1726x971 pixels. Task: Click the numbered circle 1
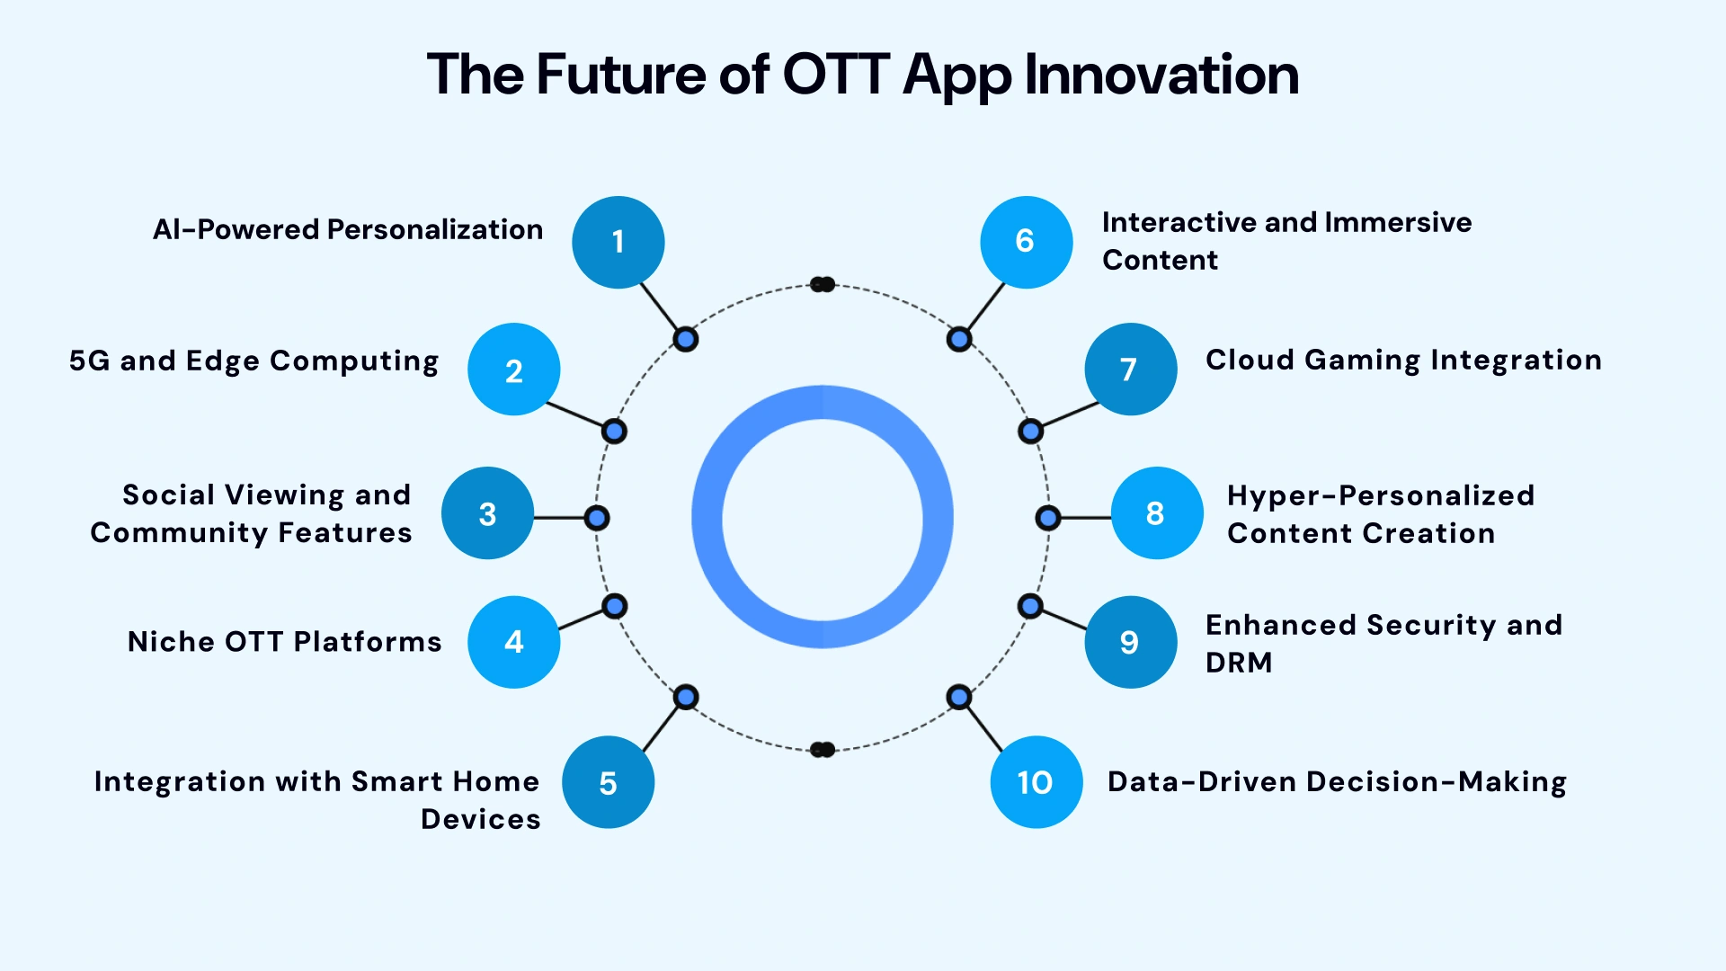click(x=618, y=242)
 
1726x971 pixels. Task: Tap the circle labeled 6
click(x=1026, y=242)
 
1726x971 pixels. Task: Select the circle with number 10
click(x=1036, y=782)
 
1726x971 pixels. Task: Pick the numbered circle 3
click(x=487, y=513)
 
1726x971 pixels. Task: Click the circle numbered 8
click(x=1156, y=513)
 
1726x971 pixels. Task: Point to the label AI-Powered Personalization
click(x=348, y=229)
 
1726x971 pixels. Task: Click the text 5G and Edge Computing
click(x=254, y=361)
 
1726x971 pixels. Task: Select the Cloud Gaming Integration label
click(x=1403, y=360)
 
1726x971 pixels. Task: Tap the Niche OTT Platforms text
click(x=284, y=641)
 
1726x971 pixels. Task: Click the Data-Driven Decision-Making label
click(x=1337, y=781)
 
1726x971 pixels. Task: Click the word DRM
click(x=1239, y=663)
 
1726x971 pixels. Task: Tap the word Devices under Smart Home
click(x=481, y=819)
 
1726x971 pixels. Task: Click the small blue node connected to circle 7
click(x=1030, y=432)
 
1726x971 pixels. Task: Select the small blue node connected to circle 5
click(x=686, y=697)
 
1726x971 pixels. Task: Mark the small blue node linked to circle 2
click(x=614, y=432)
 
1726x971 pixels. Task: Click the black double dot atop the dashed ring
click(x=823, y=284)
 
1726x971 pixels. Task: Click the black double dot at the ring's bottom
click(x=823, y=749)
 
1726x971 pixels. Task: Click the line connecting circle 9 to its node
click(x=1064, y=620)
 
